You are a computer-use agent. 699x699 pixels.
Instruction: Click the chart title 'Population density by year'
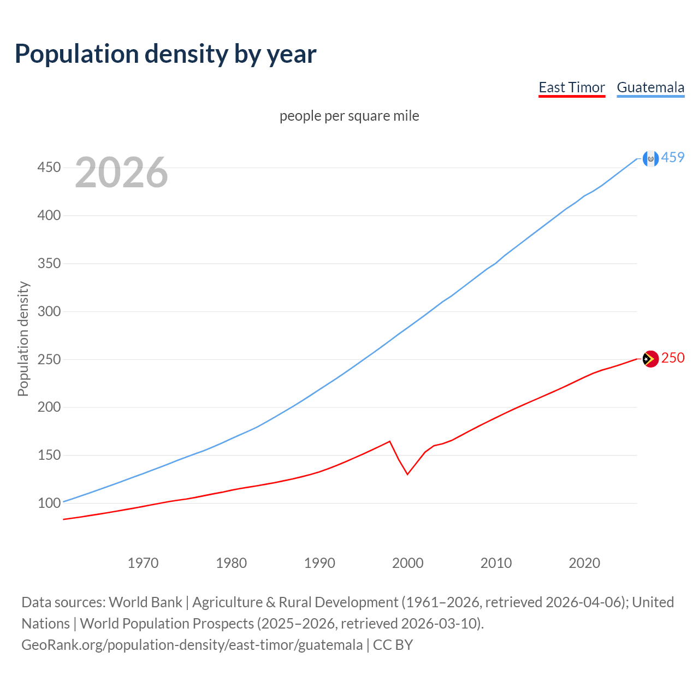pos(165,54)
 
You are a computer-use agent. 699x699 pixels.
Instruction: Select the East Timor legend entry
pos(572,87)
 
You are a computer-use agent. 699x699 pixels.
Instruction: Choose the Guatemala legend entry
pos(650,87)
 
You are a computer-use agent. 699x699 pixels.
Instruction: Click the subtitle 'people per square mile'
pos(349,116)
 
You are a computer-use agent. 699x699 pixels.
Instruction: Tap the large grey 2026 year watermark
pos(121,173)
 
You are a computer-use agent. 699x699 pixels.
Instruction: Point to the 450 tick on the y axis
pos(49,167)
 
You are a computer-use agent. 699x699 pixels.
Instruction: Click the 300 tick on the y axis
pos(49,311)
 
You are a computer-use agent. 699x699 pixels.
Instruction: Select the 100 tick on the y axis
pos(49,503)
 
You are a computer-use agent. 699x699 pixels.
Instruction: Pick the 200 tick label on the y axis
pos(49,407)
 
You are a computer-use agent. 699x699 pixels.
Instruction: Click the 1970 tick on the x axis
pos(143,563)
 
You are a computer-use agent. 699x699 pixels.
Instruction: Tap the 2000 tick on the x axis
pos(408,563)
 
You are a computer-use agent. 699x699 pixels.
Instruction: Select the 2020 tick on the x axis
pos(584,563)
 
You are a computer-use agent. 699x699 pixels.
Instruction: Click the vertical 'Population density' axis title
pos(23,339)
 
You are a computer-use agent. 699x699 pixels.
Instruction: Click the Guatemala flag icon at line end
pos(650,158)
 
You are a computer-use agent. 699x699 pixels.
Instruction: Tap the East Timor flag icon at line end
pos(650,359)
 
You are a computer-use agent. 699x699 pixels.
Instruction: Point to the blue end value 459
pos(673,157)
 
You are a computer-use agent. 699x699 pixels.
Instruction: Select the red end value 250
pos(673,358)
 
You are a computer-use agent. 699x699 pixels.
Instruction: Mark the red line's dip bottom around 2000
pos(407,474)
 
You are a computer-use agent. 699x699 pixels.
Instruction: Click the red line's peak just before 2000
pos(389,441)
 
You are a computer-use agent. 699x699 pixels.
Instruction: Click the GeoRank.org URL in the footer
pos(192,645)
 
